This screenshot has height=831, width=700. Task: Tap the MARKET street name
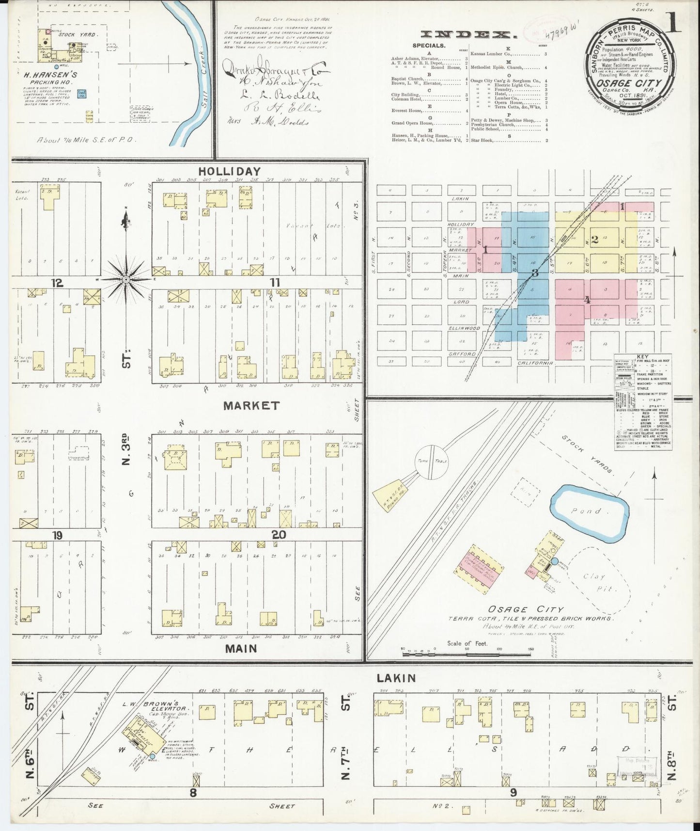point(251,406)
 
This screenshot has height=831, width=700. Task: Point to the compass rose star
point(125,279)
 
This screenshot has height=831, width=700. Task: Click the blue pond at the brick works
point(589,511)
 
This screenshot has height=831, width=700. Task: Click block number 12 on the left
point(58,283)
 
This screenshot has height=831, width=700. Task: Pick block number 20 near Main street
point(279,535)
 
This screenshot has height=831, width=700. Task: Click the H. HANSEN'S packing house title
point(58,76)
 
